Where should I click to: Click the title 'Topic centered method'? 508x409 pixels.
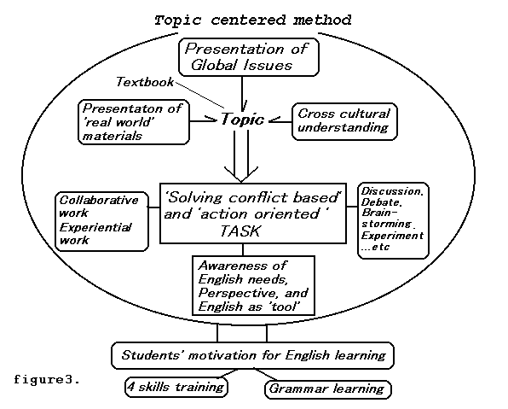[252, 20]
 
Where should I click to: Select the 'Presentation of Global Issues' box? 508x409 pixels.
[249, 57]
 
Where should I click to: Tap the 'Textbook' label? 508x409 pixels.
[145, 82]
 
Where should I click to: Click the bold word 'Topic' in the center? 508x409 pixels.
[242, 119]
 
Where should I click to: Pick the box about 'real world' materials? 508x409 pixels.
[134, 122]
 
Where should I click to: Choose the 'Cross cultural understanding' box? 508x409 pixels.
[344, 122]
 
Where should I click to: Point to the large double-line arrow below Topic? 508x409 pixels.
[241, 155]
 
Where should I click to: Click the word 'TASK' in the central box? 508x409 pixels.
[240, 231]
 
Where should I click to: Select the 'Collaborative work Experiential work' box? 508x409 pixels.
[102, 221]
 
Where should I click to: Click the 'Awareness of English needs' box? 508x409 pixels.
[253, 285]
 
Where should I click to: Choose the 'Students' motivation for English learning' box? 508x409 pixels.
[252, 355]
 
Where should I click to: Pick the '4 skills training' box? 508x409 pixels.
[176, 387]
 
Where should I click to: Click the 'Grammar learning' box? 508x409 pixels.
[328, 389]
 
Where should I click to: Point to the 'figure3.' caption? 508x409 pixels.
[47, 379]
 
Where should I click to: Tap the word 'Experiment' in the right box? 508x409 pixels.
[392, 236]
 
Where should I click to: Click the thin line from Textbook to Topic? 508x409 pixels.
[199, 95]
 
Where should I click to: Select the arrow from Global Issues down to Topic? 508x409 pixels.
[242, 94]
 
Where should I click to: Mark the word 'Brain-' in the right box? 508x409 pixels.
[379, 213]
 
